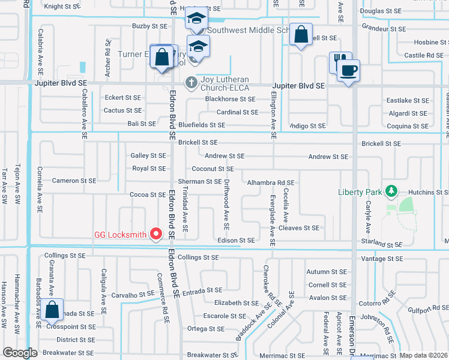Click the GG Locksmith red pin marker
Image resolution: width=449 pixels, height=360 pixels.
coord(156,233)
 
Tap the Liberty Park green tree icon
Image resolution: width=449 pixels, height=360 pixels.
coord(391,191)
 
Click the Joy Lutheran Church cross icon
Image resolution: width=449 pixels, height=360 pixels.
coord(190,82)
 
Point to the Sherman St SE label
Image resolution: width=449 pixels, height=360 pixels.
coord(200,181)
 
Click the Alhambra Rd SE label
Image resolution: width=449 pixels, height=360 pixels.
coord(271,182)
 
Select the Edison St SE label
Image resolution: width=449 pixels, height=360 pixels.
coord(236,241)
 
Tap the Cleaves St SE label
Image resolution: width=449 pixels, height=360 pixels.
coord(299,228)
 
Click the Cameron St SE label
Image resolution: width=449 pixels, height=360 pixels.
coord(74,181)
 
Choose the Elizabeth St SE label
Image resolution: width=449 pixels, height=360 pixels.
coord(236,304)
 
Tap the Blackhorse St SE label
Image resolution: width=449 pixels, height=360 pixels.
coord(230,99)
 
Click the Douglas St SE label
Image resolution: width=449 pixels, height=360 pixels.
coord(381,11)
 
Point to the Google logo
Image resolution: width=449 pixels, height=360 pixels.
coord(20,353)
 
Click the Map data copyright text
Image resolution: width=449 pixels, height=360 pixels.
coord(423,355)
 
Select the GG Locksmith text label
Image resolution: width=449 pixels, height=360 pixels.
coord(120,235)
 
